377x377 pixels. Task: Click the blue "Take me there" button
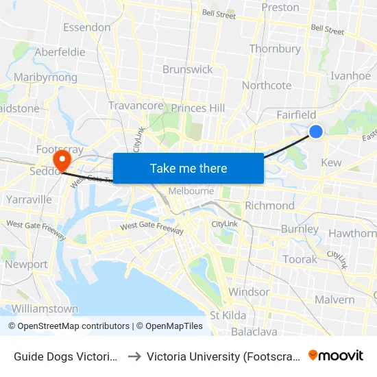tap(188, 168)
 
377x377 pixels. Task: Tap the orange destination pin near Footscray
tap(62, 160)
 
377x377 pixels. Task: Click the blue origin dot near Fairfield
tap(316, 131)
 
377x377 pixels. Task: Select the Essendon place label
tap(86, 27)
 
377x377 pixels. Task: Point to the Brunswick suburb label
tap(188, 69)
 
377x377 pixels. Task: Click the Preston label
tap(281, 8)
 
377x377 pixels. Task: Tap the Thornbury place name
tap(275, 49)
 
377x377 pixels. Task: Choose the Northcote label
tap(267, 86)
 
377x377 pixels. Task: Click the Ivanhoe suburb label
tap(350, 76)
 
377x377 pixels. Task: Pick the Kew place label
tap(331, 162)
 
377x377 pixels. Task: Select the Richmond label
tap(269, 206)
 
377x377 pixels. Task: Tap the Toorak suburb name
tap(300, 259)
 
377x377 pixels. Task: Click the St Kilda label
tap(228, 315)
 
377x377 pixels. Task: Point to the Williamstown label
tap(45, 309)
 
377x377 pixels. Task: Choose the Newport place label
tap(26, 264)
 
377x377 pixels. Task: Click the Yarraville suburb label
tap(29, 199)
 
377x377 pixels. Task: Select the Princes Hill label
tap(198, 108)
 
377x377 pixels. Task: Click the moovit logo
tap(336, 356)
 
